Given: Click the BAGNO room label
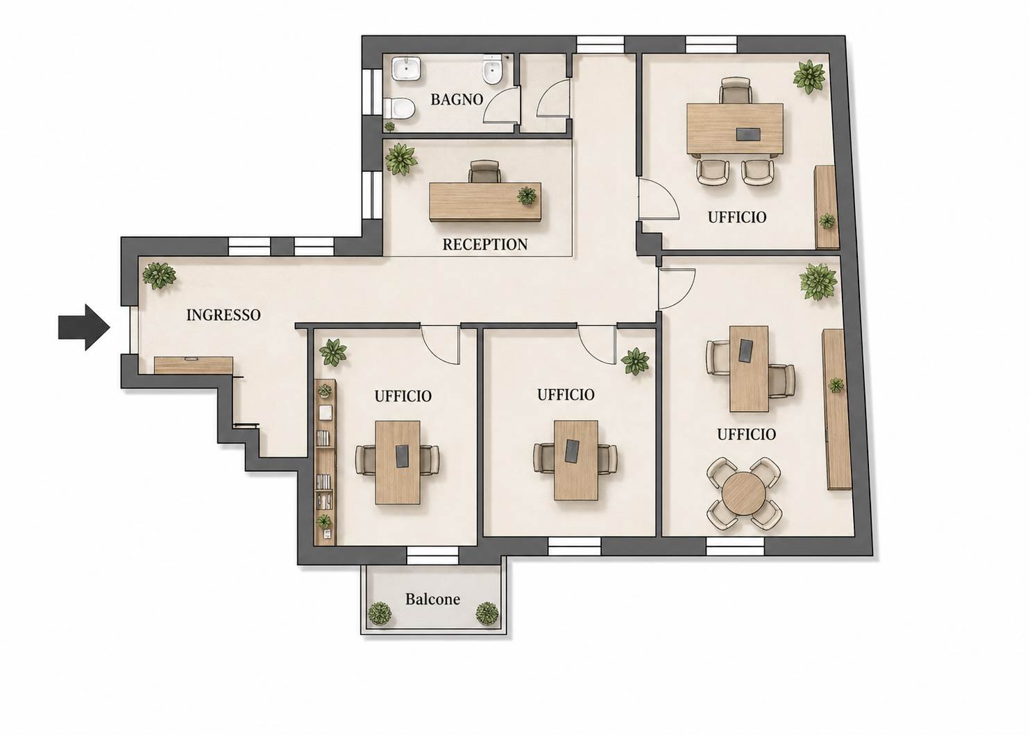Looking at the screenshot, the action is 457,99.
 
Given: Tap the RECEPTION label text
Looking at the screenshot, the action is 485,244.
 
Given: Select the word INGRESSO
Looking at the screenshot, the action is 223,315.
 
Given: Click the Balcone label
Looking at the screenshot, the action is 432,599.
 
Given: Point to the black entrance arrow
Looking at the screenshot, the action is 84,327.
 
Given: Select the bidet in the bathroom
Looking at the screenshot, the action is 493,70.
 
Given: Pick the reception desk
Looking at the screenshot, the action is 485,202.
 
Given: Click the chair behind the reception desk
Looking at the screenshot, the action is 484,172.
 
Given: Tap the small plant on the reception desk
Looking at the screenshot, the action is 527,196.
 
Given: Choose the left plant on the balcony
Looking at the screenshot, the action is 380,613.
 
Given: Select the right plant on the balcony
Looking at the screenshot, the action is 487,613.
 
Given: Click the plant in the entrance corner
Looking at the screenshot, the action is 159,275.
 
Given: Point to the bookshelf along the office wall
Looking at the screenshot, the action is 326,462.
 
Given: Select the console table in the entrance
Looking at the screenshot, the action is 193,365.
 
